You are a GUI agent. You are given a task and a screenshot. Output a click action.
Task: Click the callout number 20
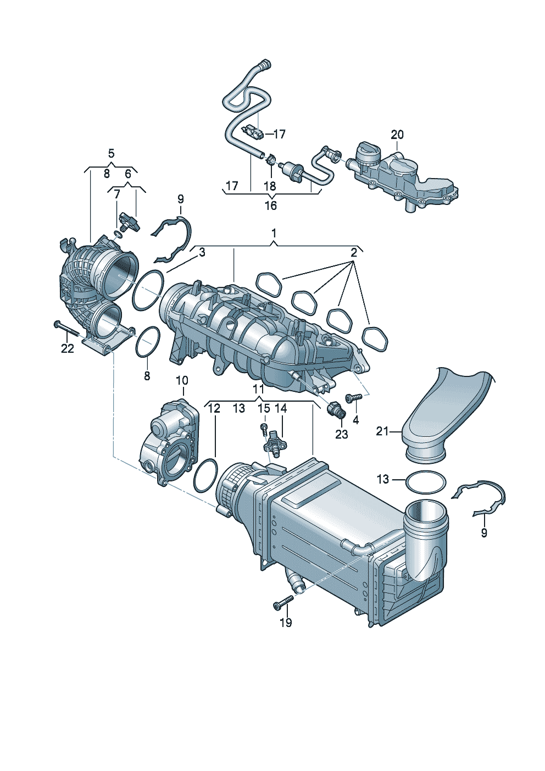[397, 135]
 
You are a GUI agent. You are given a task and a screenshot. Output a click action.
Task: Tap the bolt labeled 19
[283, 603]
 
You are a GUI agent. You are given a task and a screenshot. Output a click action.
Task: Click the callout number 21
[382, 431]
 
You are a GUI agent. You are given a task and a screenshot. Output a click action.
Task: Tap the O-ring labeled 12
[205, 476]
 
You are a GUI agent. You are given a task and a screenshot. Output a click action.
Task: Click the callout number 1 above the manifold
[274, 234]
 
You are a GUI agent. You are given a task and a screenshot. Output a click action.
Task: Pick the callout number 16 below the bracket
[270, 206]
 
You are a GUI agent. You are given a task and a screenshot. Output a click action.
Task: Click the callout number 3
[202, 252]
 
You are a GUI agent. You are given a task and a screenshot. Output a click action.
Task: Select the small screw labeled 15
[264, 428]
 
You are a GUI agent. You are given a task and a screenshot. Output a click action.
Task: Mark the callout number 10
[181, 380]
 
